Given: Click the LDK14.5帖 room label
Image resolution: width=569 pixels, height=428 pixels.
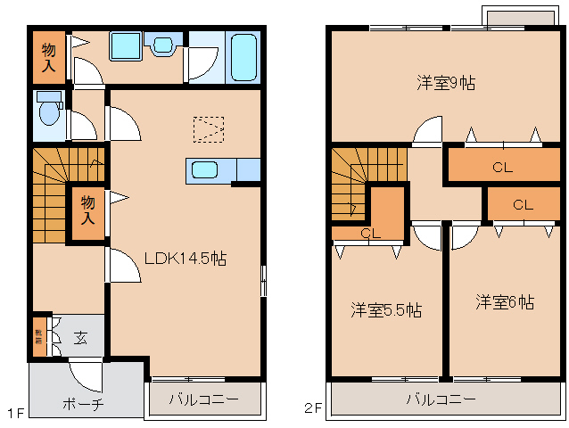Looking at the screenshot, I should (x=186, y=259).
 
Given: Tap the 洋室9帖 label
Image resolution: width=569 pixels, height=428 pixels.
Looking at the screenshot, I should (x=445, y=84).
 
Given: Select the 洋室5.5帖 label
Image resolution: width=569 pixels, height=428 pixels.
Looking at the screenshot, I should (x=385, y=310).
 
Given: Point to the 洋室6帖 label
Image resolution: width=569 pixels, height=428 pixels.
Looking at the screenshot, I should (x=504, y=302).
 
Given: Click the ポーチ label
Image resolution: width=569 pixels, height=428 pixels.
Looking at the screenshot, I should (x=83, y=404).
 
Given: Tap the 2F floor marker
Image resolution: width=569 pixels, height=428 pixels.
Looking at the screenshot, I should (x=312, y=410).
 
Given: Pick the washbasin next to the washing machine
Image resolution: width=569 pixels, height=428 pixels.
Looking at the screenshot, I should (x=164, y=44).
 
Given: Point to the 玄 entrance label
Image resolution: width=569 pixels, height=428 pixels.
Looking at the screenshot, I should (x=80, y=338).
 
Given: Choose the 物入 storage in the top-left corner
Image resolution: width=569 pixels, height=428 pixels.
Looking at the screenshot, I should (x=49, y=56).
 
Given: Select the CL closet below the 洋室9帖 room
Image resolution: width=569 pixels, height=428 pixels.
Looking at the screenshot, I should (x=502, y=167).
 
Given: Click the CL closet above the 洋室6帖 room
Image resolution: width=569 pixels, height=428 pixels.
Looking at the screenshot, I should (x=523, y=205).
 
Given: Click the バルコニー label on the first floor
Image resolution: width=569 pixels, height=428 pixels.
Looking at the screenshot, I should (x=205, y=399).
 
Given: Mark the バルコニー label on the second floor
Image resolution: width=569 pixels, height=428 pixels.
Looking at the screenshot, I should (x=441, y=399).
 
